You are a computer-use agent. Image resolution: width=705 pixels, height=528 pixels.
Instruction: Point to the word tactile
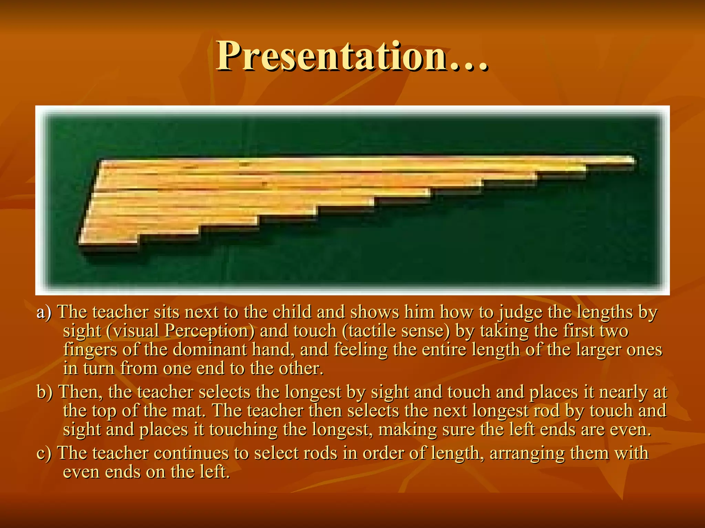point(372,331)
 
